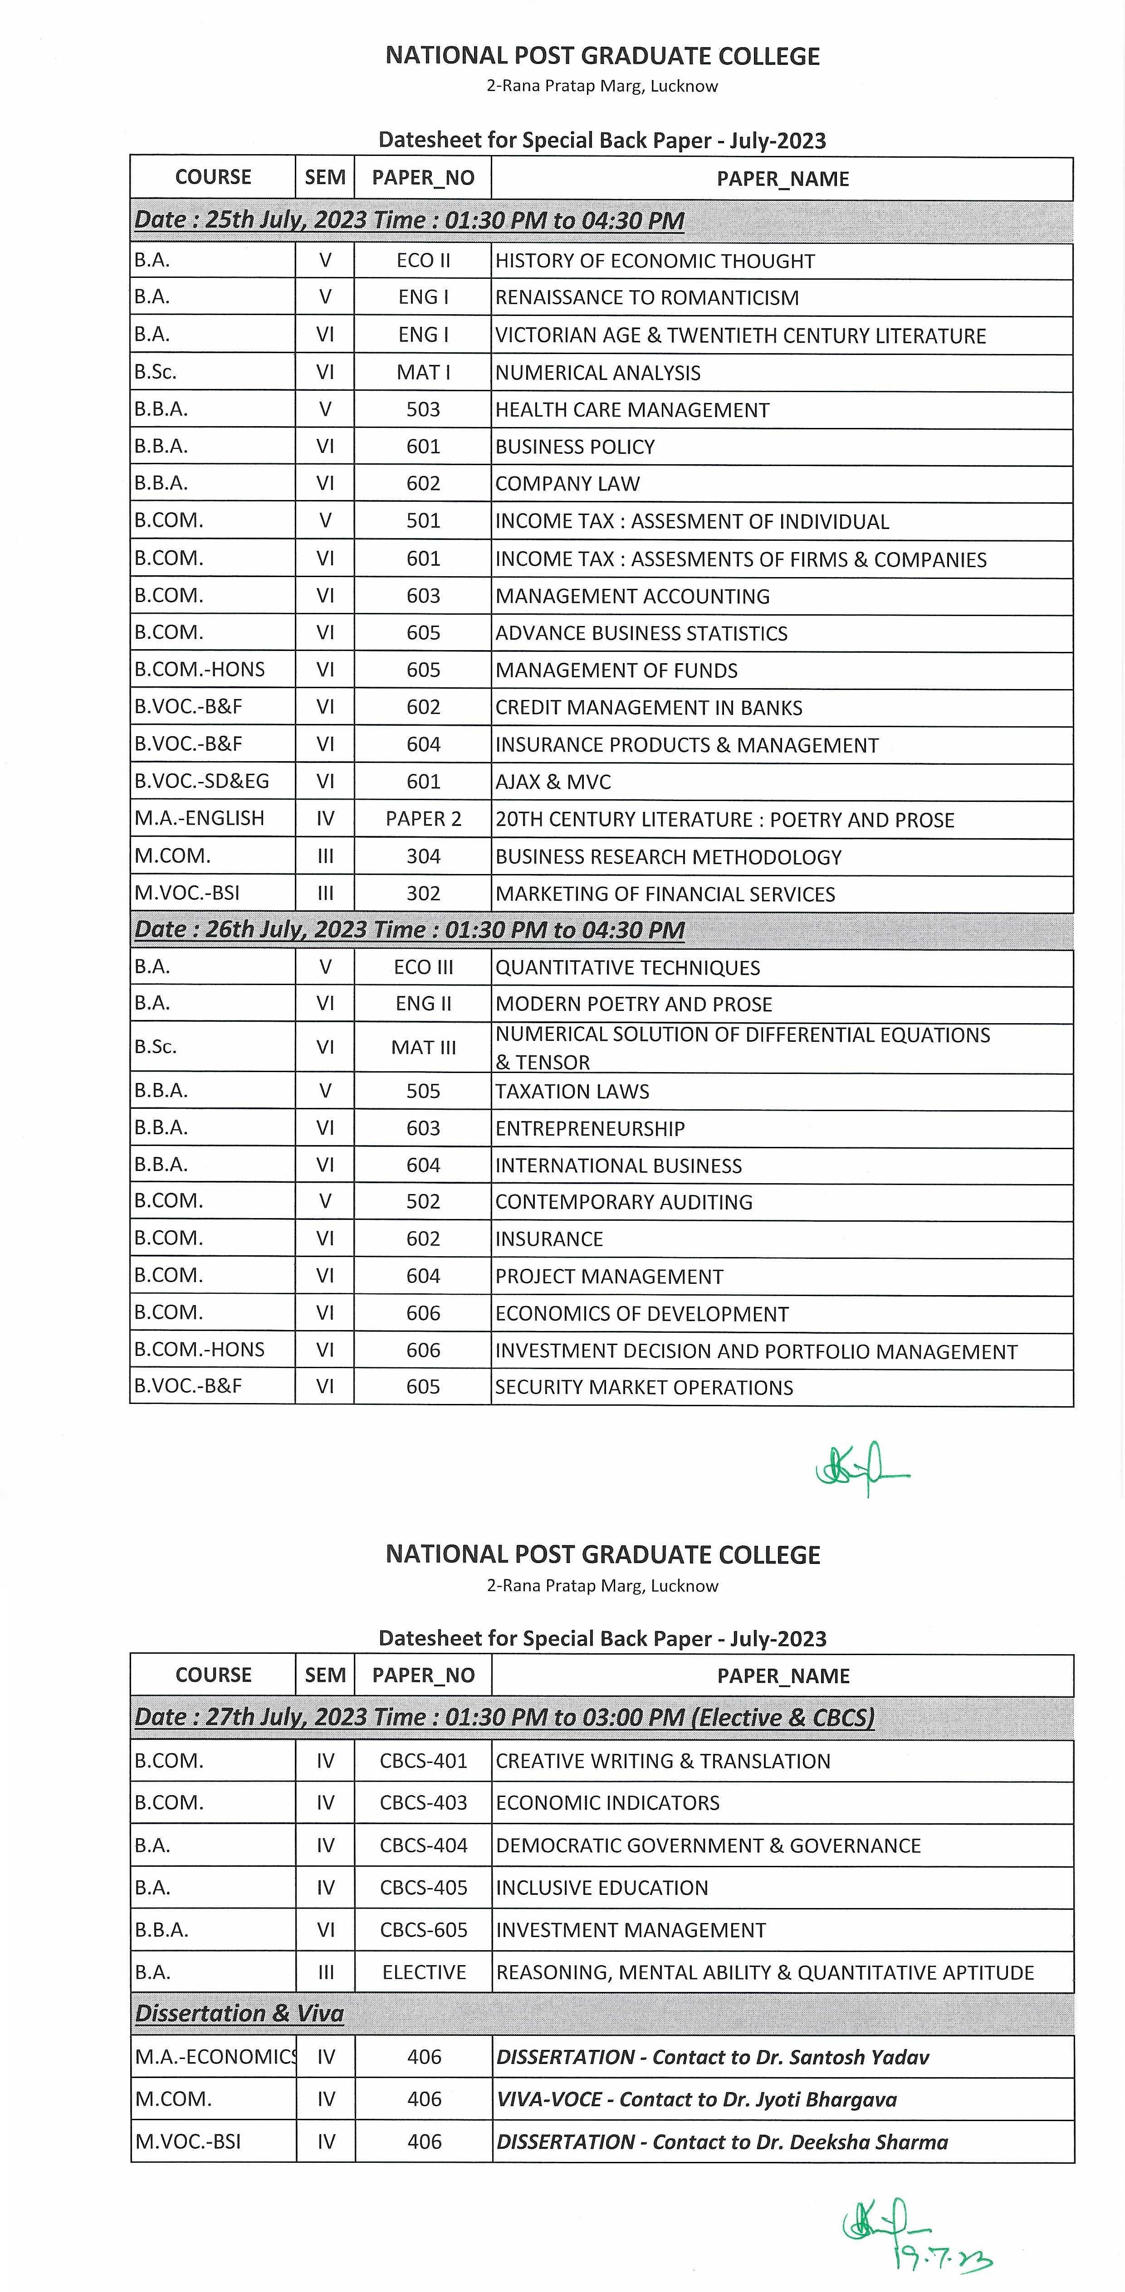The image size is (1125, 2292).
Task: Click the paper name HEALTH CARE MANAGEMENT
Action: click(x=632, y=410)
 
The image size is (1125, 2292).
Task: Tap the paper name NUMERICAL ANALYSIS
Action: click(x=597, y=373)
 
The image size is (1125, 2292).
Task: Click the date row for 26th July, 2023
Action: click(x=410, y=930)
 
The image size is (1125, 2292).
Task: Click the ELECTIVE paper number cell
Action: click(x=424, y=1972)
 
